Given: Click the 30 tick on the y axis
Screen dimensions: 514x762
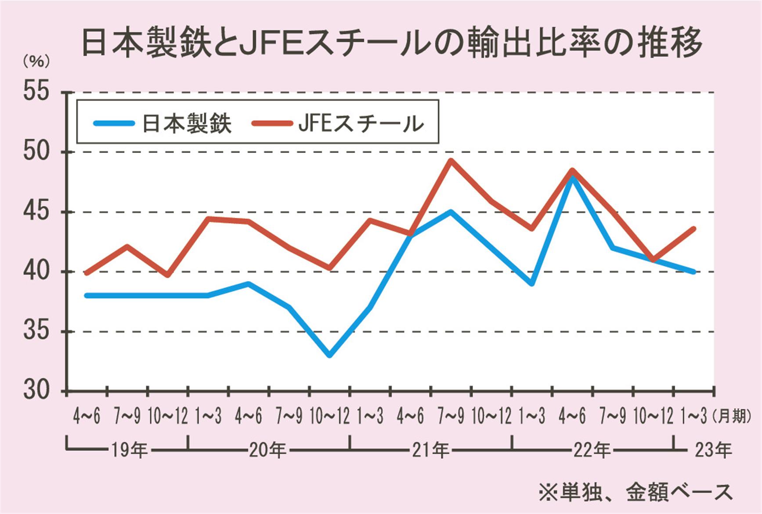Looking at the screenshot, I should [36, 391].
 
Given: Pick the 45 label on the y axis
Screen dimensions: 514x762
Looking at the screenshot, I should [36, 212].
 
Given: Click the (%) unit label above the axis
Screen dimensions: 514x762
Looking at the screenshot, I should [36, 62].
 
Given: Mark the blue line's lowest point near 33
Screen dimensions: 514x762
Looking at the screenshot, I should [329, 355].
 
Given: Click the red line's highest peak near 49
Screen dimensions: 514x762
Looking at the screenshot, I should [451, 161].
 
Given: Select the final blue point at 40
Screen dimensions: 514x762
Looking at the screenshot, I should [693, 271].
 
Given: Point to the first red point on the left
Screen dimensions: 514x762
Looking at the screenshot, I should [87, 273].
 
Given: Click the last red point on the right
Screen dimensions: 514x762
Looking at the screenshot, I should [693, 228].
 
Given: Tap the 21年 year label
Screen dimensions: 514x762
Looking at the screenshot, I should [430, 450].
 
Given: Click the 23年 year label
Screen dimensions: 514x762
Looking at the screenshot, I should [713, 450].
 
